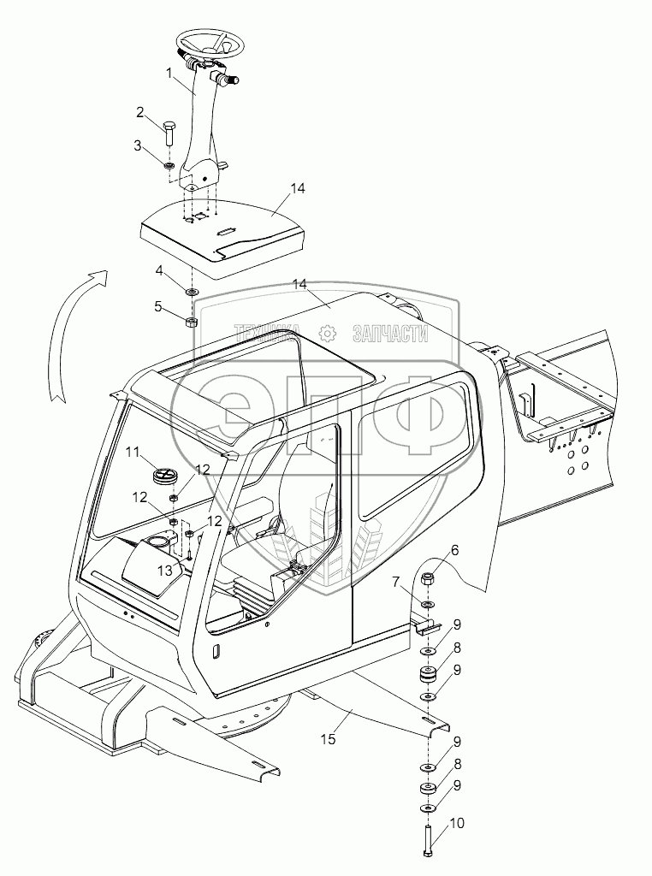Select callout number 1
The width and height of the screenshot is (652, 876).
169,73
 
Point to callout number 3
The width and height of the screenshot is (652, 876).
138,146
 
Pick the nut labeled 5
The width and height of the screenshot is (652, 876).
192,322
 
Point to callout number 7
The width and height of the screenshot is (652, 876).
395,582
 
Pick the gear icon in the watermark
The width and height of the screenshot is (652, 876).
324,334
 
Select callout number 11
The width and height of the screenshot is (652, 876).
133,452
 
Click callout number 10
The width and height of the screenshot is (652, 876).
456,823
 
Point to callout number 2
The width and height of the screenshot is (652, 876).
140,111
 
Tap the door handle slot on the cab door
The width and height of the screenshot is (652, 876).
215,651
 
